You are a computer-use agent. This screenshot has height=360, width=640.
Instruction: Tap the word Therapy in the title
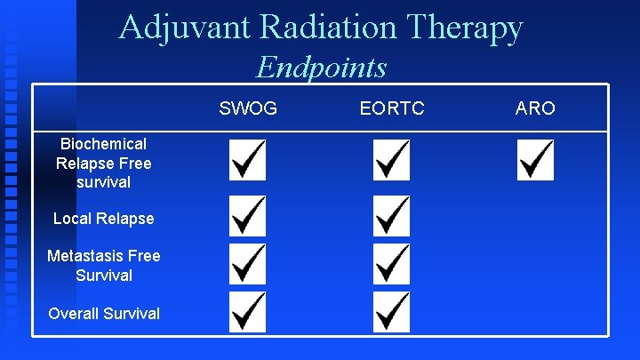[470, 28]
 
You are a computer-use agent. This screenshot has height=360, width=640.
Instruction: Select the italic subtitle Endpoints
[321, 68]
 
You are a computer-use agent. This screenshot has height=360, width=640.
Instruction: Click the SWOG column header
[248, 108]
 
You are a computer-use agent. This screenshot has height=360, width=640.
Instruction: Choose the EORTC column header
[392, 108]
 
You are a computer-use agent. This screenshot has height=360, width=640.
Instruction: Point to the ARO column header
[535, 108]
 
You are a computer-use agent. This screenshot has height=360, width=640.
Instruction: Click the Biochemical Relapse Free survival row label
[104, 163]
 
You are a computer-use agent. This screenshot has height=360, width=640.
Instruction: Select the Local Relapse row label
[104, 219]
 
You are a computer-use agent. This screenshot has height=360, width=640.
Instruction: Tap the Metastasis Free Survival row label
[104, 266]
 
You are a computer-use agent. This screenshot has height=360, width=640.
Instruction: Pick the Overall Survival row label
[104, 313]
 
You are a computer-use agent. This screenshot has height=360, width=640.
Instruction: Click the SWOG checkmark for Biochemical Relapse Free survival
[247, 160]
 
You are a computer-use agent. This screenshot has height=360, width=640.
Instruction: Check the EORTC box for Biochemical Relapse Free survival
[391, 160]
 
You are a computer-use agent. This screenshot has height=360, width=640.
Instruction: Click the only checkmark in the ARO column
[535, 160]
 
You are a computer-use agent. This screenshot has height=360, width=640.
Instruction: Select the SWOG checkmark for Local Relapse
[247, 216]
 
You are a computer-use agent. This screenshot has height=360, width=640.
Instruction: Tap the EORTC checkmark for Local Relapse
[391, 216]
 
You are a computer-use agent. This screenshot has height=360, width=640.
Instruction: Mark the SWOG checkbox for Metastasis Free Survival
[247, 264]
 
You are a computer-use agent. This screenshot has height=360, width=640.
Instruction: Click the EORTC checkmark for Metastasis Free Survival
[391, 264]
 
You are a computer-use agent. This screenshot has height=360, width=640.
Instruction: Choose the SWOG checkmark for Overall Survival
[247, 311]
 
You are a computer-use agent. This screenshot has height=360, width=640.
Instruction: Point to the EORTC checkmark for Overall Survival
[391, 311]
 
